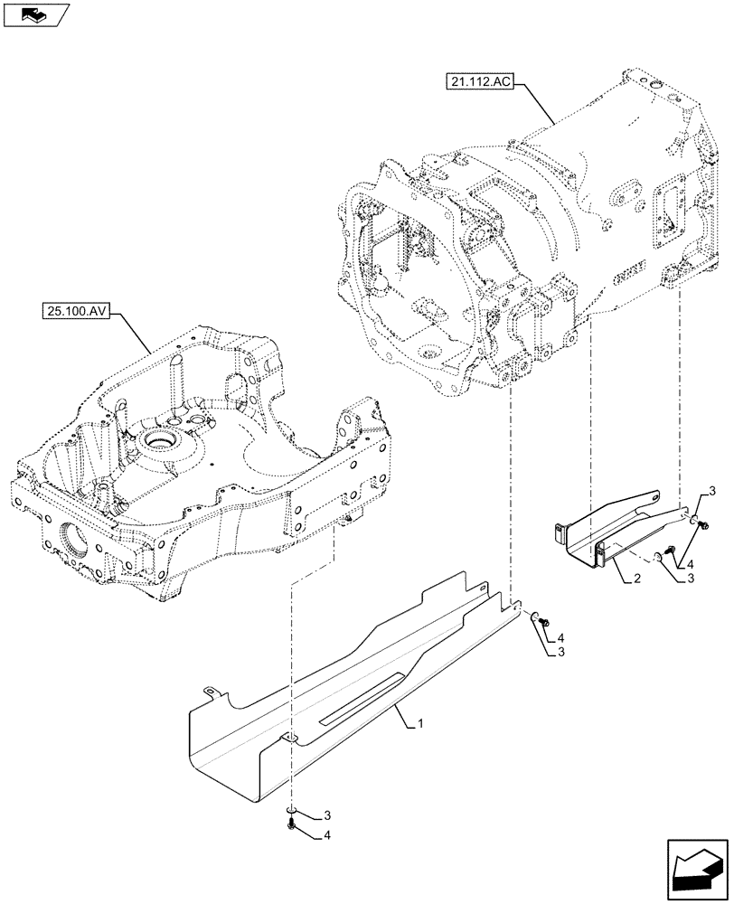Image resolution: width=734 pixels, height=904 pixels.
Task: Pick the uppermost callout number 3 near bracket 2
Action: click(711, 491)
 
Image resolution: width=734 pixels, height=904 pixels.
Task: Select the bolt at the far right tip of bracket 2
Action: click(703, 523)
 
